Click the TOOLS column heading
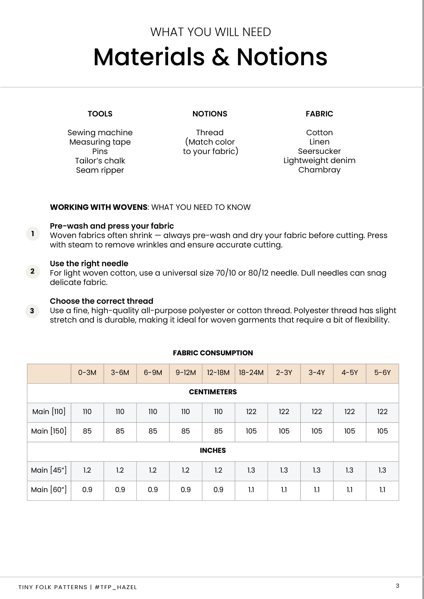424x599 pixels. [100, 114]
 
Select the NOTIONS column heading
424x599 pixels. [210, 114]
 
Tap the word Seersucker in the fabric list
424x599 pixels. [319, 151]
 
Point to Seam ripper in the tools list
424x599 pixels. [100, 170]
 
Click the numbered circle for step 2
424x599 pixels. [33, 271]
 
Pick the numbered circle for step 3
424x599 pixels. [33, 311]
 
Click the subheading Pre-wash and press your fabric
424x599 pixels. [112, 226]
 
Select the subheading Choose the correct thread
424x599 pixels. [102, 301]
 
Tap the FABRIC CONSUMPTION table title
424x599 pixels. [213, 353]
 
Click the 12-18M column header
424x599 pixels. [218, 373]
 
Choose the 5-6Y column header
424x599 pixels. [382, 373]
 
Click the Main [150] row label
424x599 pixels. [49, 431]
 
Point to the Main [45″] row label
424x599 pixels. [49, 470]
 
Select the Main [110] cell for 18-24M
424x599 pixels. [251, 412]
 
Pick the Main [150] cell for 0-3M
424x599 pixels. [87, 431]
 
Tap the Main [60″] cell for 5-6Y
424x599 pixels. [382, 490]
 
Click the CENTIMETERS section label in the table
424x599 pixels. [213, 392]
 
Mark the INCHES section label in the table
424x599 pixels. [213, 451]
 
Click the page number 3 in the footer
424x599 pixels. [398, 586]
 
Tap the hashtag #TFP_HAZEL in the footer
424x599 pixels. [116, 587]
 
